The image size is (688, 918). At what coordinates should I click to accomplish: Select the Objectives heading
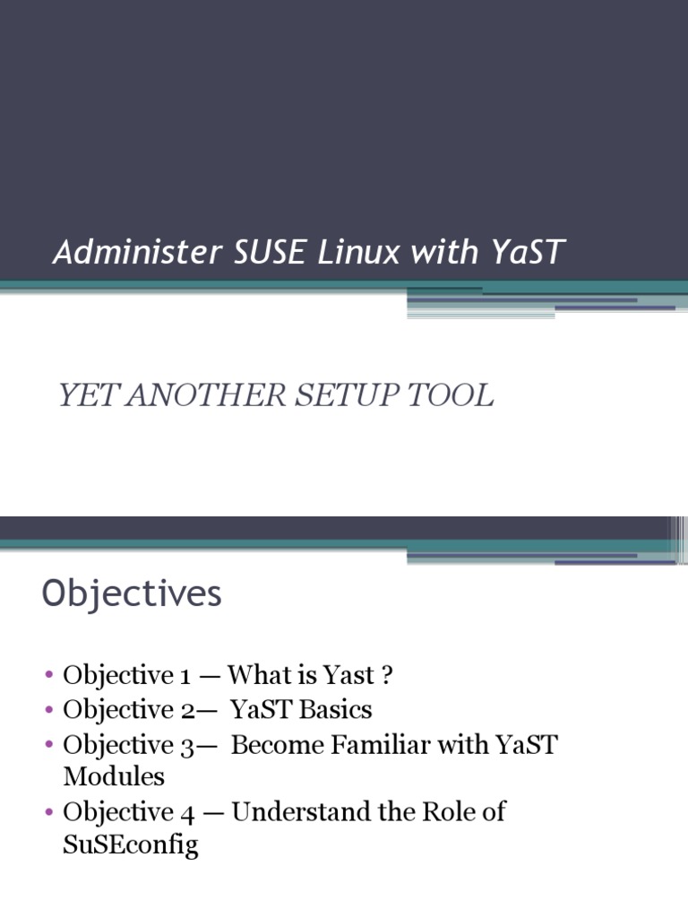(132, 594)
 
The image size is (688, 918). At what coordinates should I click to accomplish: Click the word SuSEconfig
(131, 844)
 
